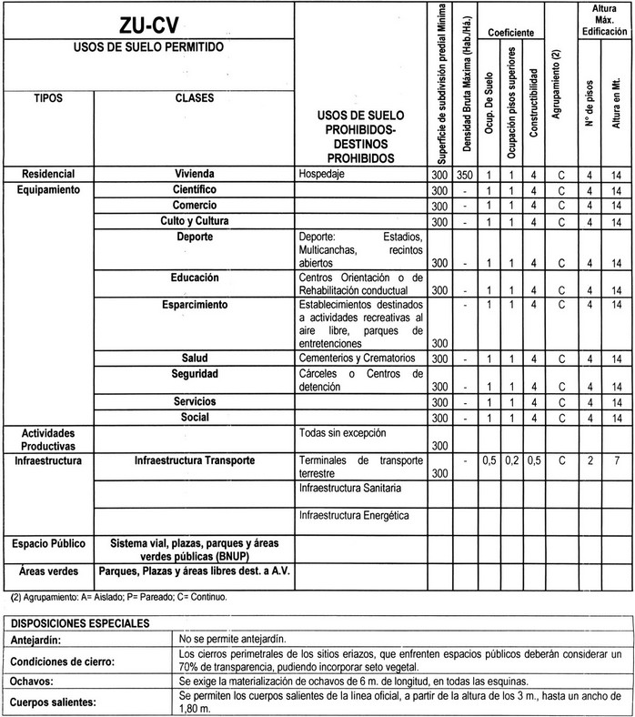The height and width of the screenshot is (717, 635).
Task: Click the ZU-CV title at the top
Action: (148, 25)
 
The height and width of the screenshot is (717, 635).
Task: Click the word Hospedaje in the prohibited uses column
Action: (324, 174)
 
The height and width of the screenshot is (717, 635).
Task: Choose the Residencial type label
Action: (47, 174)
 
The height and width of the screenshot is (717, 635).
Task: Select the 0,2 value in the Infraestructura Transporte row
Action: (511, 460)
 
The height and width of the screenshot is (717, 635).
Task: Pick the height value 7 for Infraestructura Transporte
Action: (616, 460)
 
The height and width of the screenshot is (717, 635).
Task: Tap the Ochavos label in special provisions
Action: (31, 680)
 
